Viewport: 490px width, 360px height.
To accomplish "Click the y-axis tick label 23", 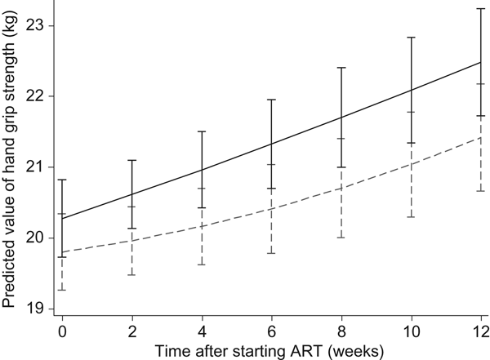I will point(36,25).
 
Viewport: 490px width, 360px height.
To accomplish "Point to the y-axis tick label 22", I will point(36,96).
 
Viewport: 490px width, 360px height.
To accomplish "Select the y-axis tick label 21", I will point(36,167).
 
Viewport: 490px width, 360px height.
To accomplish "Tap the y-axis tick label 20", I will point(36,238).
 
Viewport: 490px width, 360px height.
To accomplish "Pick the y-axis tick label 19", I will point(36,309).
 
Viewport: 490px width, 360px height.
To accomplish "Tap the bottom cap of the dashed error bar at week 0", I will point(63,291).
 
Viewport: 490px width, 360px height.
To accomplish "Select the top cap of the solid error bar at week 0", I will point(63,180).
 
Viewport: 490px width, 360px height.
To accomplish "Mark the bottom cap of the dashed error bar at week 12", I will point(480,191).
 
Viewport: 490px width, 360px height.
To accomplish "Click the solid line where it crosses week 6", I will point(272,144).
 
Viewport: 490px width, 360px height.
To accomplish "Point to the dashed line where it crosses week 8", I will point(341,189).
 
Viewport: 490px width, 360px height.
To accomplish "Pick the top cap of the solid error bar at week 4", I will point(202,131).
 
